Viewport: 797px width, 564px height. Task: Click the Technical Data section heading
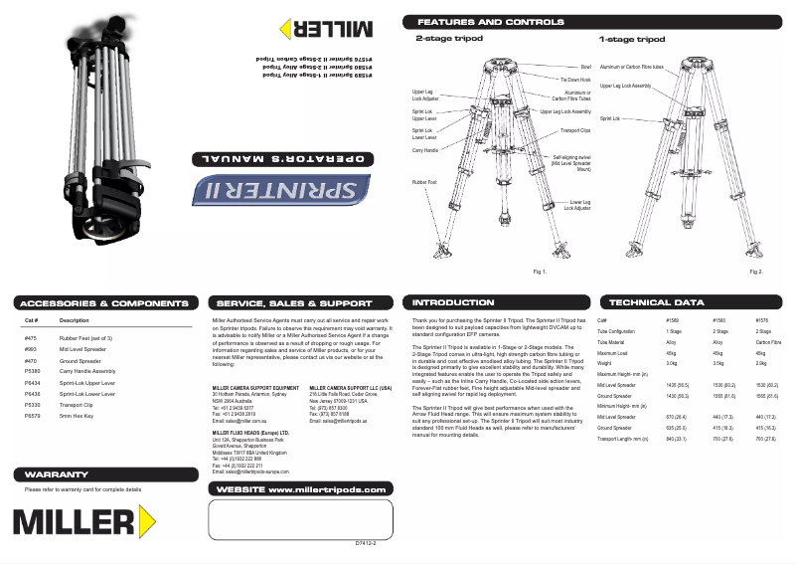[x=656, y=302]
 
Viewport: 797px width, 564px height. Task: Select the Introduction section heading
[x=452, y=302]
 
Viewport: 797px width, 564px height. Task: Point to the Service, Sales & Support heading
[x=294, y=302]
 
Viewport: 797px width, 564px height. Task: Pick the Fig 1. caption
[x=541, y=271]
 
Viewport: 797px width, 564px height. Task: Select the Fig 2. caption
[x=755, y=271]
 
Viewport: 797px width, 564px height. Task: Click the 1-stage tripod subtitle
[x=631, y=40]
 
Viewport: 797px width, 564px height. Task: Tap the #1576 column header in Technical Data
[x=762, y=320]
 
